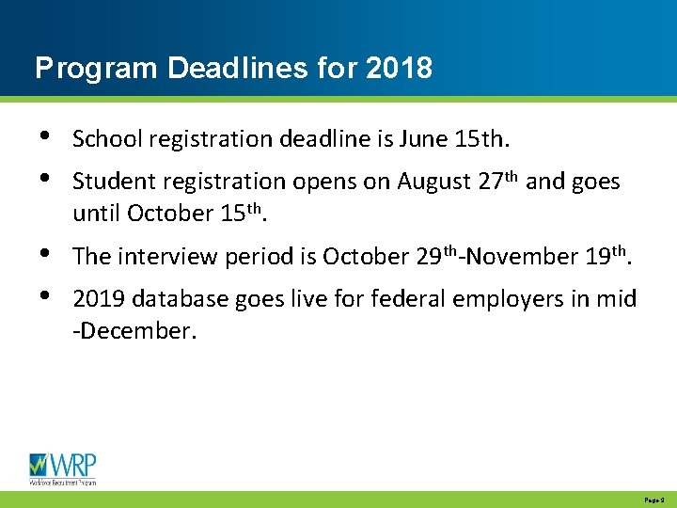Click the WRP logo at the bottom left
pos(62,468)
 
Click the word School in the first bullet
pos(102,139)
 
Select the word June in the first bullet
pos(422,139)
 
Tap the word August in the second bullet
pos(433,181)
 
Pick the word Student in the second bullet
pos(109,181)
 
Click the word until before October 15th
pos(96,213)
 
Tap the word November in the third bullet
pos(534,256)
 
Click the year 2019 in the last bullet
pos(98,299)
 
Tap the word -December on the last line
pos(134,331)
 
